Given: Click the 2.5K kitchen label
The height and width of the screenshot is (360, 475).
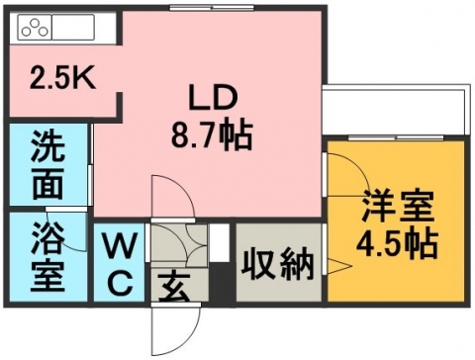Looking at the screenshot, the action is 62,78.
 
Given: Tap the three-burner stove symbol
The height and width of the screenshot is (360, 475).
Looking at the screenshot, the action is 35,28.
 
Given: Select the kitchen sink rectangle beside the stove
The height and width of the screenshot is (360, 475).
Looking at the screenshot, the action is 73,28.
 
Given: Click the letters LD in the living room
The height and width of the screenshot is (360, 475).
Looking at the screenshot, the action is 213,98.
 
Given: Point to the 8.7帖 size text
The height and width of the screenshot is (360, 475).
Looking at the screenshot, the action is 212,135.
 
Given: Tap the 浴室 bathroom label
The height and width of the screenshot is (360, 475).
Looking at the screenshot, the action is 47,257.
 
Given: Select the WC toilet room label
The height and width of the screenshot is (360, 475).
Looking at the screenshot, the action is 120,264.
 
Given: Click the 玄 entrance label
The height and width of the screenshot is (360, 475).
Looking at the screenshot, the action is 174,288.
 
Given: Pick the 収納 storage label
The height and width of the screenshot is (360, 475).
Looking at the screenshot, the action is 277,263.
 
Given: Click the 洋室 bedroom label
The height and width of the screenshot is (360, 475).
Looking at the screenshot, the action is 398,207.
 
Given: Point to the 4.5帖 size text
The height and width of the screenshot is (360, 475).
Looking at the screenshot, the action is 397,244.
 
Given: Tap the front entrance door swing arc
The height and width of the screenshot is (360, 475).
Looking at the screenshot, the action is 195,329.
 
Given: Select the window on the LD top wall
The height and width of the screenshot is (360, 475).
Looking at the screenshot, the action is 212,7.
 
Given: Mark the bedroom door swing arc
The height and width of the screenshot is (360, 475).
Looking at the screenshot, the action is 358,167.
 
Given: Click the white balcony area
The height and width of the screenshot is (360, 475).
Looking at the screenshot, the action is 394,112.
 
